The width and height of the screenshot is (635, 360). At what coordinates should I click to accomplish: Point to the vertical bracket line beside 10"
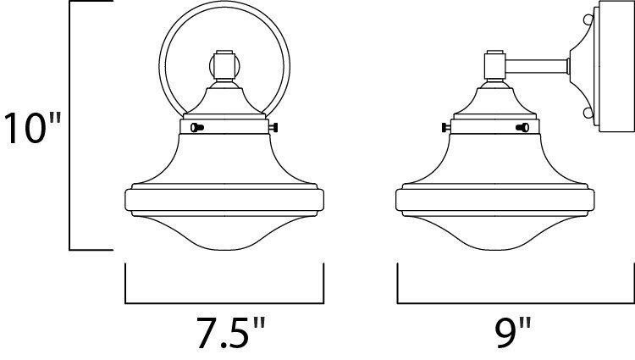click(69, 127)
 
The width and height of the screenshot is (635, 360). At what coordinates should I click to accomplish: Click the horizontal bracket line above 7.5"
click(224, 302)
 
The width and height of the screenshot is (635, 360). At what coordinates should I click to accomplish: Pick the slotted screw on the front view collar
click(198, 128)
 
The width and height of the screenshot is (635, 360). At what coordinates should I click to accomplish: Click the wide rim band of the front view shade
click(224, 200)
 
